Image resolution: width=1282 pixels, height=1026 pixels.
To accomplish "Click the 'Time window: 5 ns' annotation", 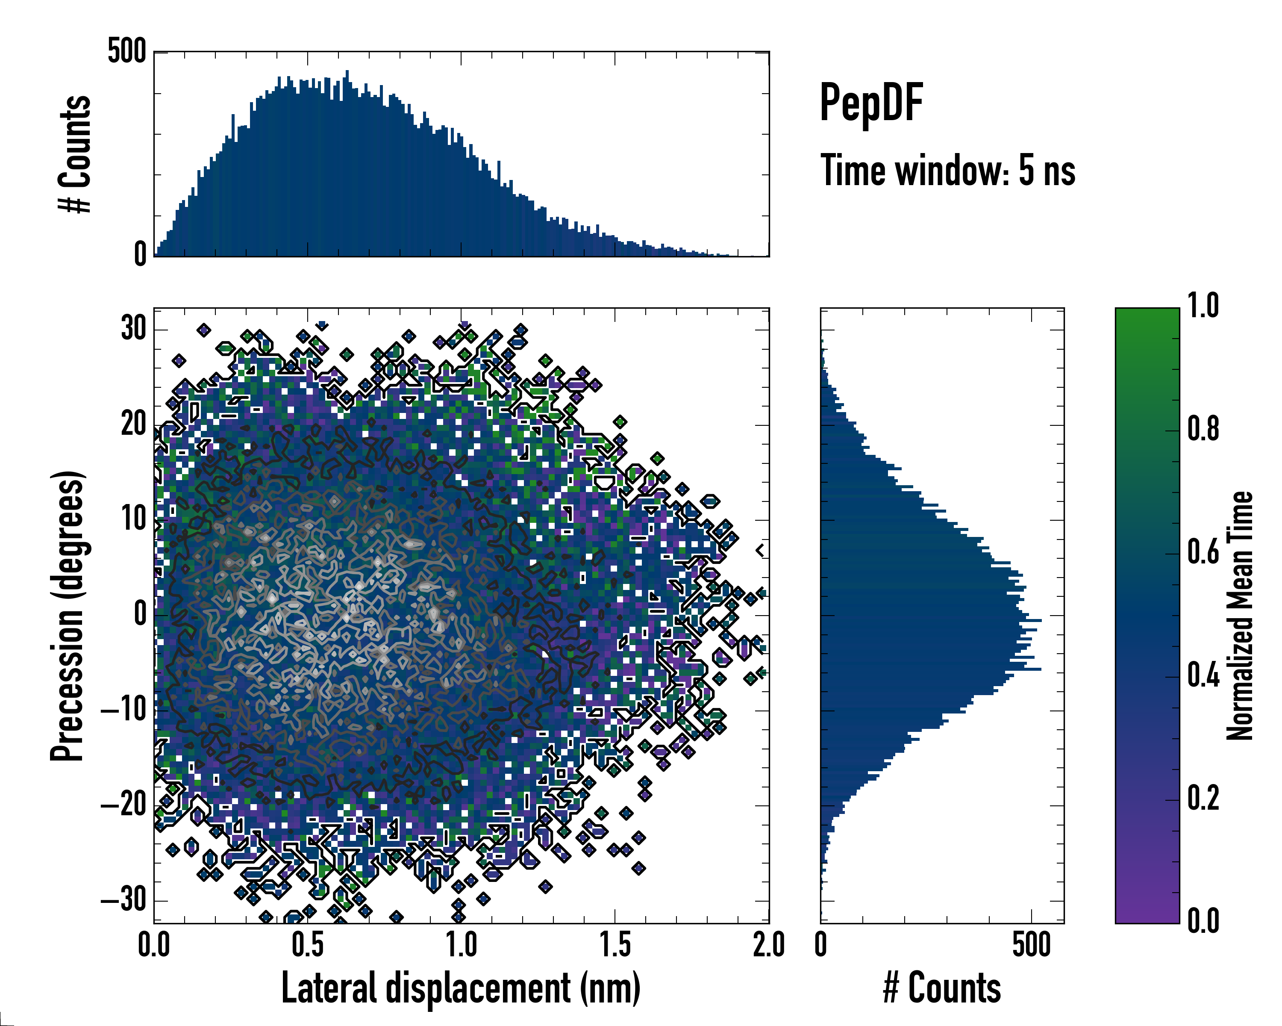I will point(948,171).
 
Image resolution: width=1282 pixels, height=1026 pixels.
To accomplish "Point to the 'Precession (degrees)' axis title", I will point(67,616).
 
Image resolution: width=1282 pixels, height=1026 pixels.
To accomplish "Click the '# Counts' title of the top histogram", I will point(75,153).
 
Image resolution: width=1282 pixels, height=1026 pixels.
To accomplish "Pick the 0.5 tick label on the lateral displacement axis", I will point(307,945).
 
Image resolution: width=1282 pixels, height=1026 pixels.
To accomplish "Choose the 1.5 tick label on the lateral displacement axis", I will point(615,945).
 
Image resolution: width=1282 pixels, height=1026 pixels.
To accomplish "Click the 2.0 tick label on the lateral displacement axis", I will point(768,945).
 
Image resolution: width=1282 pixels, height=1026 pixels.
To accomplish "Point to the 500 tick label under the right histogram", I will point(1031,945).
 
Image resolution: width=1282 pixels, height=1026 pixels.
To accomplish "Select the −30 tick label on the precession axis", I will point(124,900).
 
